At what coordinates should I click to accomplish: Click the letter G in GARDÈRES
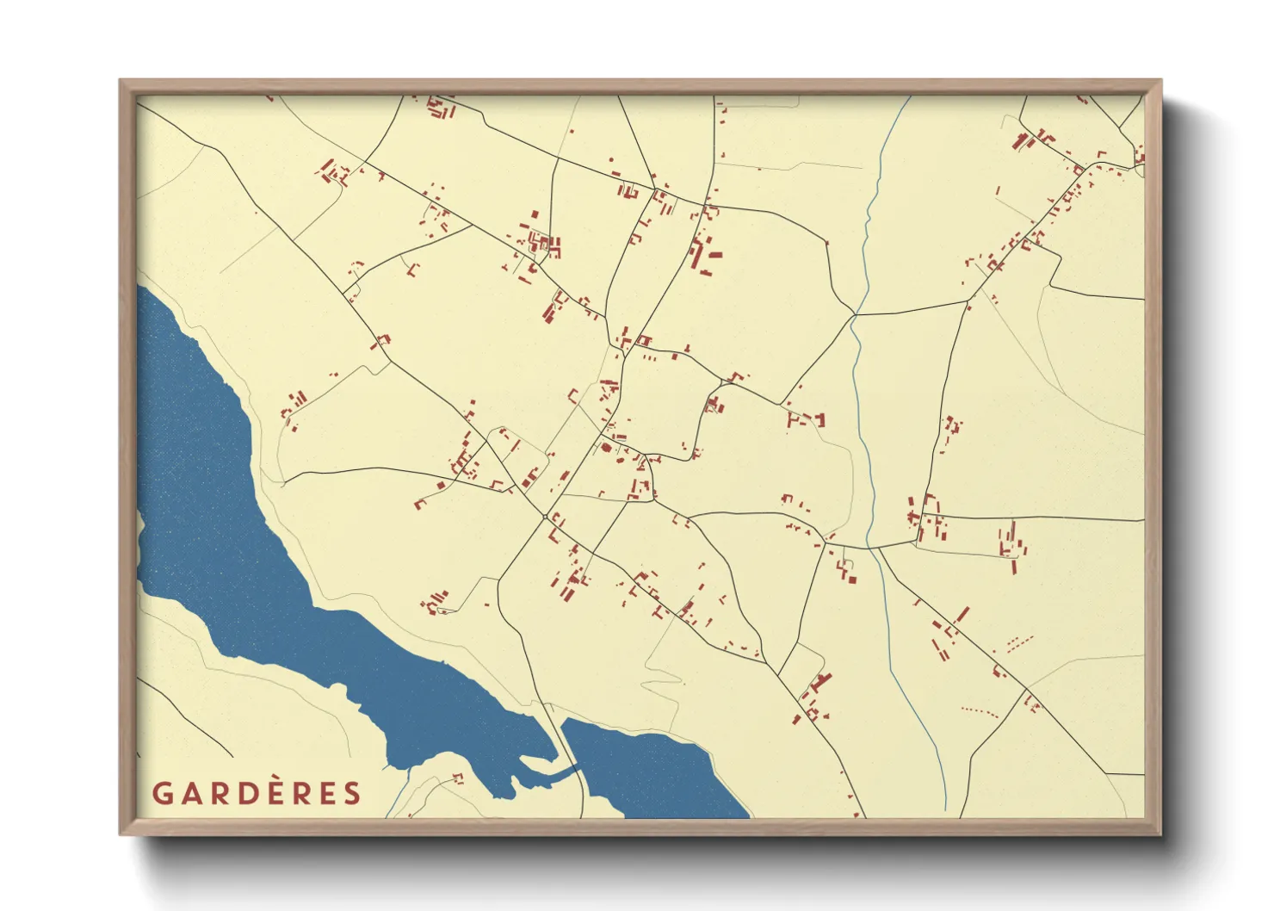(x=163, y=793)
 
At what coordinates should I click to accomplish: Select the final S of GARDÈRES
(x=352, y=793)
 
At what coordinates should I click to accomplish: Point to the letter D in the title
(x=244, y=793)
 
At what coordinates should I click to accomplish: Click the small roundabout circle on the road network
(x=545, y=517)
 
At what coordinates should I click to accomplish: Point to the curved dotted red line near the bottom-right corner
(x=980, y=711)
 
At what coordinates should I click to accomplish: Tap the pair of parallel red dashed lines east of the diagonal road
(x=1019, y=641)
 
